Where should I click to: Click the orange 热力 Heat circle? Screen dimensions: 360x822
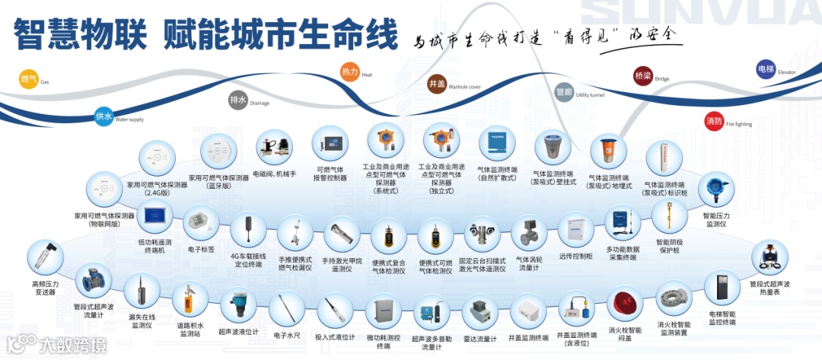(x=350, y=72)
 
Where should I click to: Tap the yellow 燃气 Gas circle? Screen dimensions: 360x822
(x=29, y=79)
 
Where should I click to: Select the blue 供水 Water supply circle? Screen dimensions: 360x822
(x=104, y=116)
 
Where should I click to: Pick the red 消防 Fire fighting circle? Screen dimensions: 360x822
(x=714, y=121)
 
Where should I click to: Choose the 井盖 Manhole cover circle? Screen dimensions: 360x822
(x=438, y=83)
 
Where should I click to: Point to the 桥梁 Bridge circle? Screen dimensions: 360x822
(x=643, y=76)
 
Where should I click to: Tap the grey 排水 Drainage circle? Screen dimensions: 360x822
(x=238, y=100)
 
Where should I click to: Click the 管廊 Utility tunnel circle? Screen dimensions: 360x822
(x=564, y=91)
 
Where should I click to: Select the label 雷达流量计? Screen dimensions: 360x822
(x=480, y=339)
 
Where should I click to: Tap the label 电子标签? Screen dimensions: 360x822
(x=202, y=249)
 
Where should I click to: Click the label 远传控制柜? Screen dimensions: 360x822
(x=575, y=256)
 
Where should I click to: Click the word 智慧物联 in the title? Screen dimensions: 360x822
(x=72, y=34)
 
